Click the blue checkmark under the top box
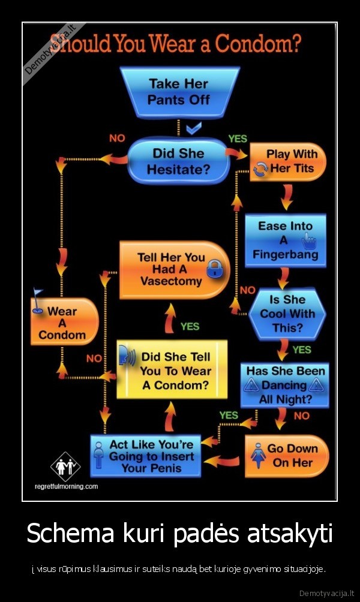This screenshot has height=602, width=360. click(x=194, y=128)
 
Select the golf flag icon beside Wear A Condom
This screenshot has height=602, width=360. click(x=37, y=300)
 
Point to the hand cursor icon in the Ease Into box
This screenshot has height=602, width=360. click(x=309, y=242)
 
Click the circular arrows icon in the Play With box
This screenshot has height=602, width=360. click(x=261, y=169)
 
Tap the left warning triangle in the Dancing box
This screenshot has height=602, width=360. click(x=251, y=384)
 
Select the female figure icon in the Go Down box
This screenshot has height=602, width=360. click(x=258, y=455)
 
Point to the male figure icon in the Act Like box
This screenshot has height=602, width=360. click(x=99, y=455)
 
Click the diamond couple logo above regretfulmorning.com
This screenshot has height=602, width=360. click(x=65, y=466)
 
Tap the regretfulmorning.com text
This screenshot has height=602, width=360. click(x=66, y=486)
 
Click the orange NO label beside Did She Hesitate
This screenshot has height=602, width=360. click(x=117, y=139)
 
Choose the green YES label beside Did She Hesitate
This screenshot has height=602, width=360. click(x=238, y=139)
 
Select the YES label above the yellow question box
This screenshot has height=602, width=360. click(x=190, y=326)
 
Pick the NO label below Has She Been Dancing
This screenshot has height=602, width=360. click(x=302, y=416)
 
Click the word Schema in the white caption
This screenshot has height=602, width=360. click(x=70, y=533)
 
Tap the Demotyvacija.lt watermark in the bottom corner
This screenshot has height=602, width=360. click(x=326, y=593)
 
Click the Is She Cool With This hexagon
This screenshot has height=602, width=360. click(x=287, y=314)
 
